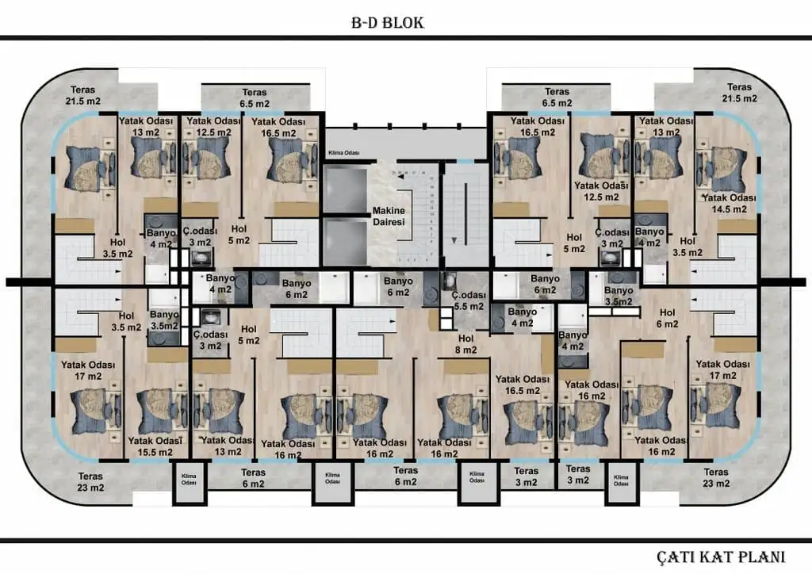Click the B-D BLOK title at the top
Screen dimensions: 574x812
click(387, 22)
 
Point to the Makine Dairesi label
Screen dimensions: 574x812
click(389, 216)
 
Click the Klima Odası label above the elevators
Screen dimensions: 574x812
click(343, 153)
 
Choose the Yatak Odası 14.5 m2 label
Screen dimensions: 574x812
click(724, 203)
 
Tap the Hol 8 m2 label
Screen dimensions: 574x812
click(465, 344)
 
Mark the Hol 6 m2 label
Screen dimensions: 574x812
click(667, 318)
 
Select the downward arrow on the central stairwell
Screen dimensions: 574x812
click(454, 239)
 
